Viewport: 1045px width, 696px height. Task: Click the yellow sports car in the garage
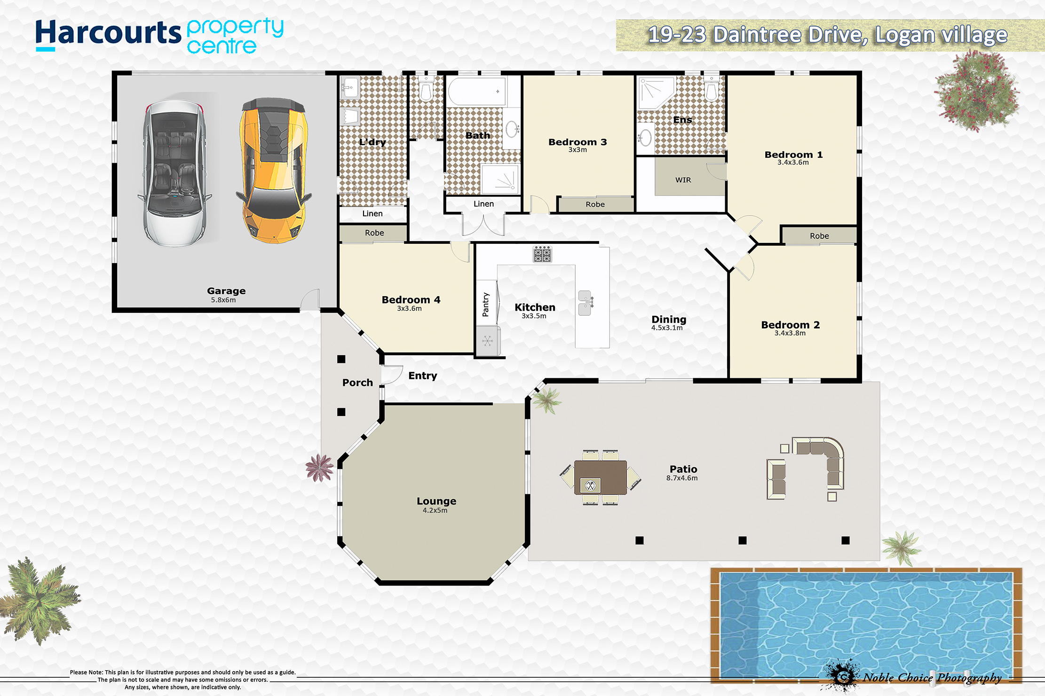pyautogui.click(x=274, y=170)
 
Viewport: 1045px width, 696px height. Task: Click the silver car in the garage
pyautogui.click(x=175, y=173)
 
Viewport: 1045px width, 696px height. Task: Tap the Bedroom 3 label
pyautogui.click(x=578, y=142)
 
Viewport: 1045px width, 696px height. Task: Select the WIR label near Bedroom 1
pyautogui.click(x=683, y=180)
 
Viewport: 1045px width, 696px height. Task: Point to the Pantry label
pyautogui.click(x=486, y=305)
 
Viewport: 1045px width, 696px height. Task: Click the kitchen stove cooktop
pyautogui.click(x=542, y=254)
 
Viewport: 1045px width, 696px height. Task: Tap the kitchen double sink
pyautogui.click(x=585, y=303)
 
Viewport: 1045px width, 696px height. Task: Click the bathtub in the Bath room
pyautogui.click(x=477, y=91)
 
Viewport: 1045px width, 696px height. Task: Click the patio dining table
pyautogui.click(x=601, y=477)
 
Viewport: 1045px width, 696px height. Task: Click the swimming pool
pyautogui.click(x=866, y=625)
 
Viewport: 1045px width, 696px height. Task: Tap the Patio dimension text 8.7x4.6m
pyautogui.click(x=682, y=478)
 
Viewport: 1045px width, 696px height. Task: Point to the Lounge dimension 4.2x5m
pyautogui.click(x=435, y=510)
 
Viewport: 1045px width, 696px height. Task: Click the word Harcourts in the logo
pyautogui.click(x=108, y=34)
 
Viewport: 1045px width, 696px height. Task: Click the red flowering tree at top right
pyautogui.click(x=977, y=91)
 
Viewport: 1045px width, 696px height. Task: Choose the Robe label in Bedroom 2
pyautogui.click(x=819, y=236)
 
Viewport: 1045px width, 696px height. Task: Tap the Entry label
pyautogui.click(x=423, y=376)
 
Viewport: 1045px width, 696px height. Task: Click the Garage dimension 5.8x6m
pyautogui.click(x=223, y=300)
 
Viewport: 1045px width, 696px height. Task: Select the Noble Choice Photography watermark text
pyautogui.click(x=933, y=678)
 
